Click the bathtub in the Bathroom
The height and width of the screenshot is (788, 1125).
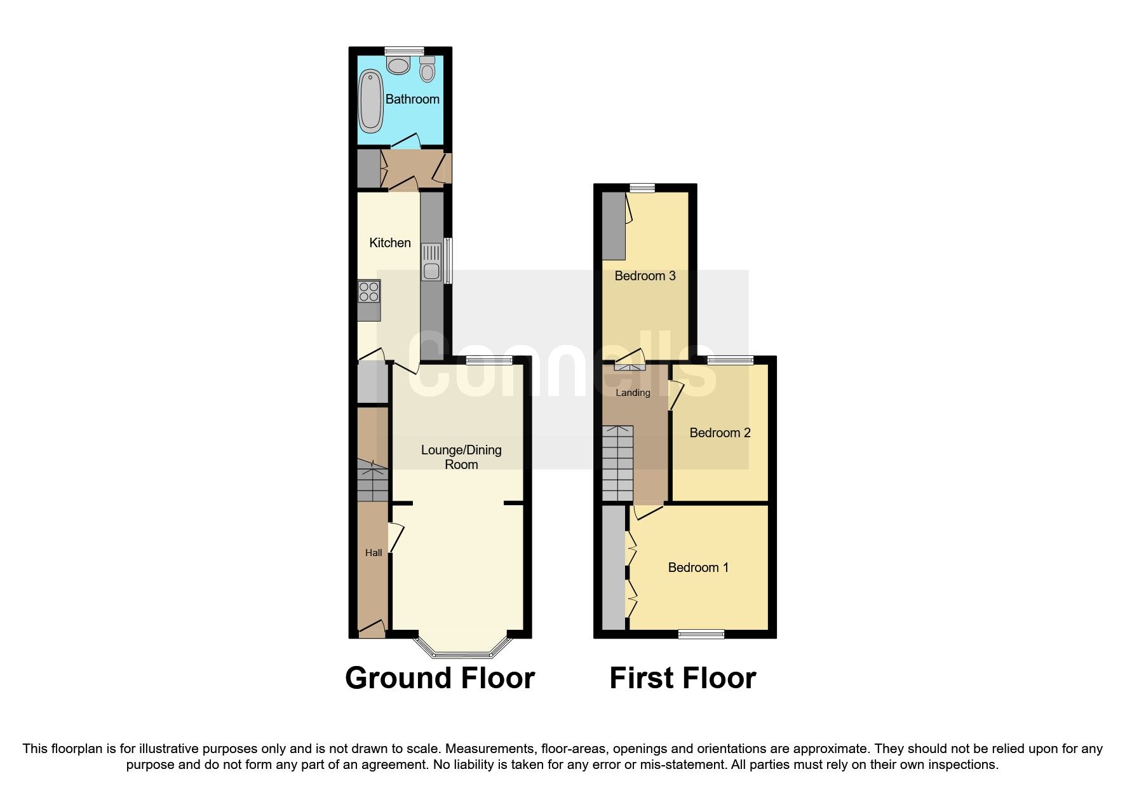click(x=371, y=101)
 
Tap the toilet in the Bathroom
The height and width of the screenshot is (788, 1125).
click(x=428, y=69)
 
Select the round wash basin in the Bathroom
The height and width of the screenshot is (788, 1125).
click(x=399, y=65)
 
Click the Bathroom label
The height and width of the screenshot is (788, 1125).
click(x=412, y=99)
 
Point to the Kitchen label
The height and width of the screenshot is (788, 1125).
click(x=390, y=243)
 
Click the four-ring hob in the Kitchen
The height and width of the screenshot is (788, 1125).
click(x=369, y=292)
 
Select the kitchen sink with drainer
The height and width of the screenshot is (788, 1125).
click(x=431, y=262)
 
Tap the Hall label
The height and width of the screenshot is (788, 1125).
click(x=374, y=553)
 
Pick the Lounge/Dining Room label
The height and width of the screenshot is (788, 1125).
click(x=461, y=457)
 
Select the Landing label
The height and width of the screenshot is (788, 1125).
click(x=633, y=393)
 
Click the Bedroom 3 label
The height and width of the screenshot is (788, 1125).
click(x=645, y=276)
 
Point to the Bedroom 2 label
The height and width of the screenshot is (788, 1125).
click(x=720, y=433)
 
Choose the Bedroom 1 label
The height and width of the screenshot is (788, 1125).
click(x=698, y=567)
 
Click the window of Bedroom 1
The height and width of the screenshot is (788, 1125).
click(x=701, y=634)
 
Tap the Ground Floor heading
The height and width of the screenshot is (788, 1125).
click(x=440, y=678)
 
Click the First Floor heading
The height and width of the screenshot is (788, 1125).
click(x=683, y=678)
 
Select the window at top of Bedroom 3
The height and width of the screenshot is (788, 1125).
click(x=642, y=187)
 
